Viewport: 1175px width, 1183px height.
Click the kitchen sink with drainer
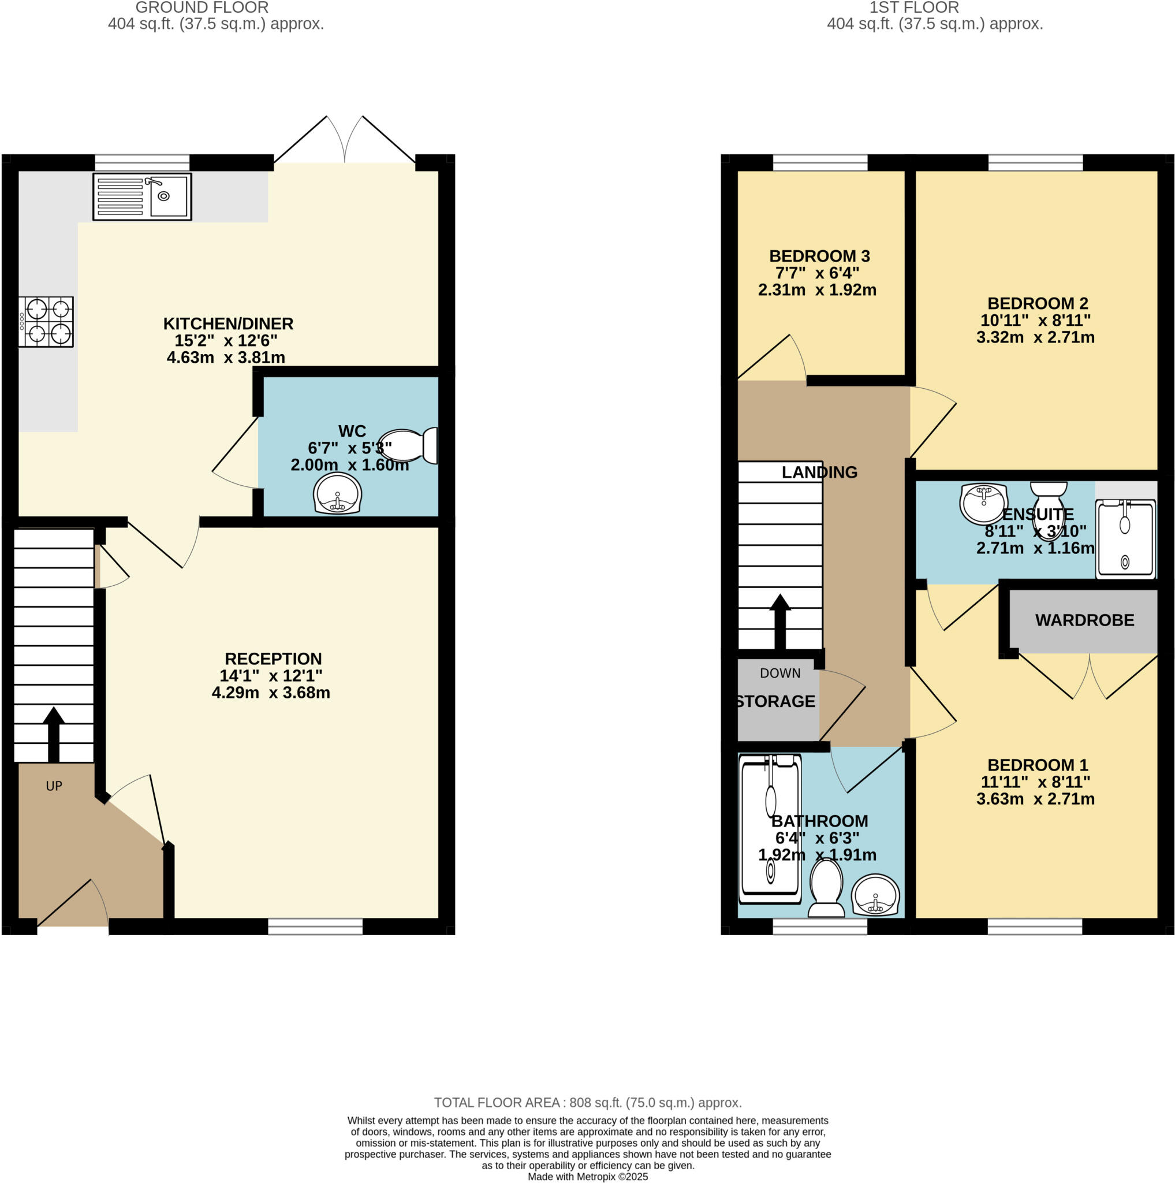142,196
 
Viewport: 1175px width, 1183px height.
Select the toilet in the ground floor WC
409,446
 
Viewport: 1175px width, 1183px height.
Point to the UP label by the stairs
54,786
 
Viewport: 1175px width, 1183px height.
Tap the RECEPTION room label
273,659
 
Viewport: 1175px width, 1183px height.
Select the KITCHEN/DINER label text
228,323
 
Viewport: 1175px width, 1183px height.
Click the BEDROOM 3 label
819,256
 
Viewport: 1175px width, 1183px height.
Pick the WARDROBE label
1084,620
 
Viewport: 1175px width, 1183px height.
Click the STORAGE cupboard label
775,701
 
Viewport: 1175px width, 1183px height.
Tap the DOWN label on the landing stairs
779,674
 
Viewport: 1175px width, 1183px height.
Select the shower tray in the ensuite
1125,539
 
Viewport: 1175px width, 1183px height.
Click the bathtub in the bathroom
770,829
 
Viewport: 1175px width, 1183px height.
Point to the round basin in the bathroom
876,895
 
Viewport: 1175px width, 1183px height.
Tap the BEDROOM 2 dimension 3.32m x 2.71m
1035,337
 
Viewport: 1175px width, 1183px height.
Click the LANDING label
819,472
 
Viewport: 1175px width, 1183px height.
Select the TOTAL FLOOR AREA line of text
588,1103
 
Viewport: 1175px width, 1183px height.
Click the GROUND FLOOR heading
202,8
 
